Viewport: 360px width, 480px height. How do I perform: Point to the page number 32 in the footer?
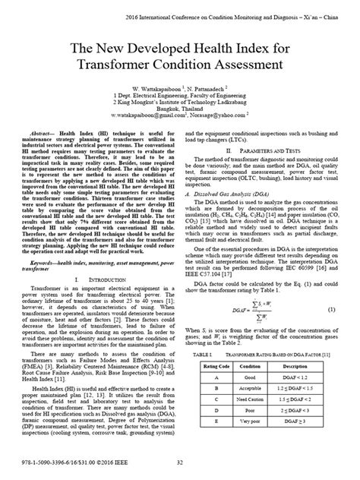180,463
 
